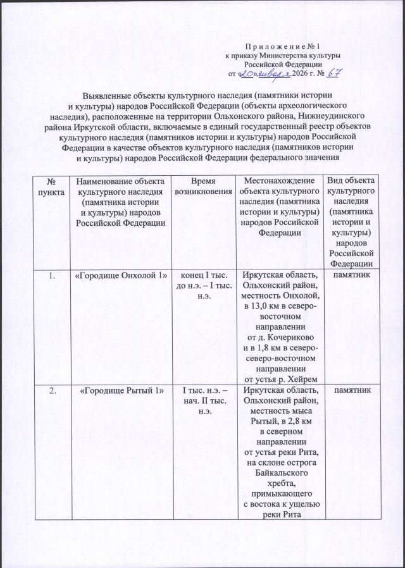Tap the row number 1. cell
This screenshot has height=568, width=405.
pos(51,276)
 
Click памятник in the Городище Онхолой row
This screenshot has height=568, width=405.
pos(354,276)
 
